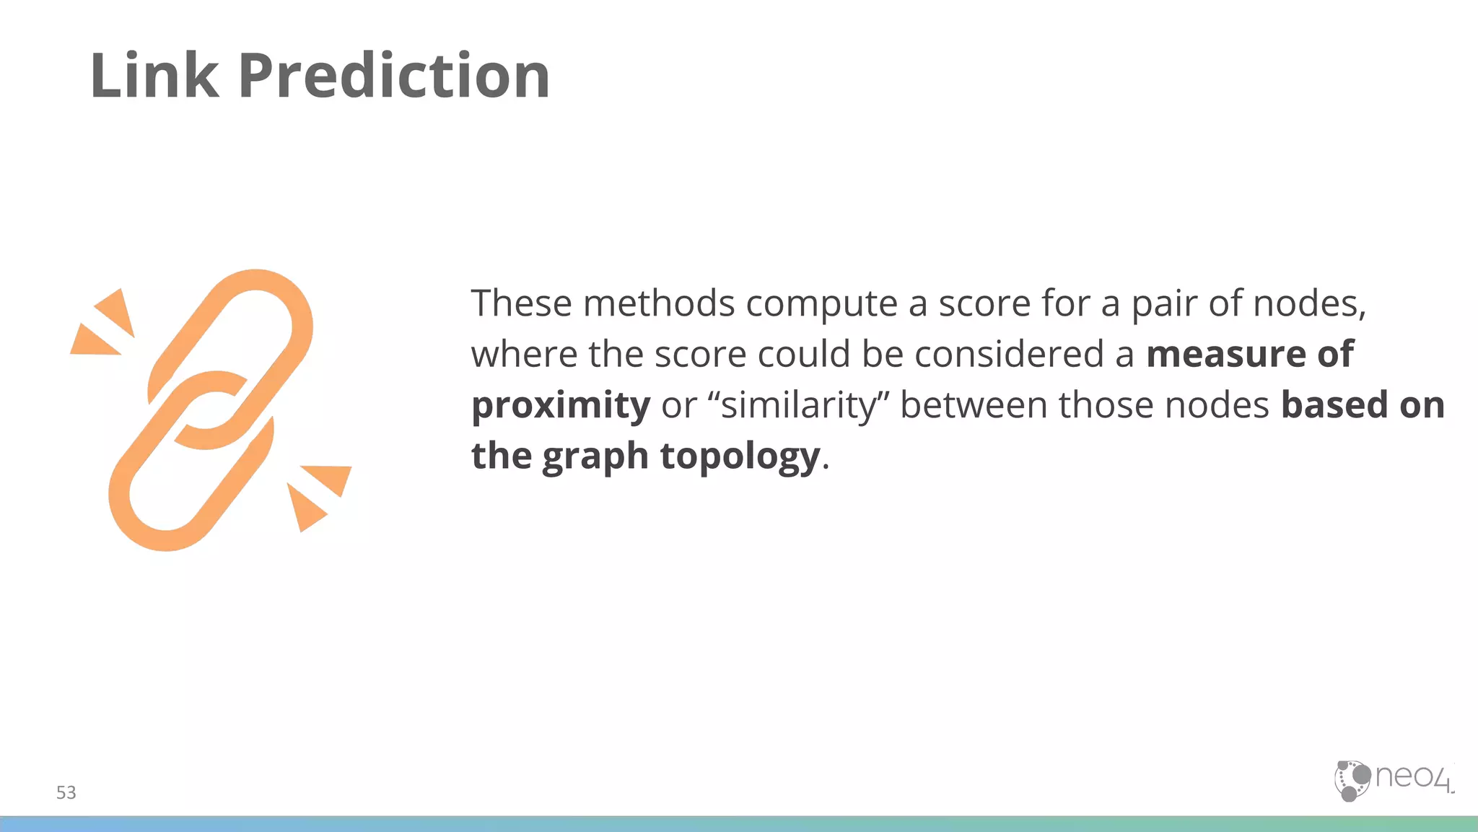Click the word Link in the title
[154, 76]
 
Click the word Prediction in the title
[393, 76]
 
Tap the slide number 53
[66, 792]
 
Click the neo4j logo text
[1412, 777]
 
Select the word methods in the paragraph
[658, 303]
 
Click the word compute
[821, 303]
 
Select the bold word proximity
[561, 406]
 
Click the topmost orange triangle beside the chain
[118, 311]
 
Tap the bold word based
[1334, 404]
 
